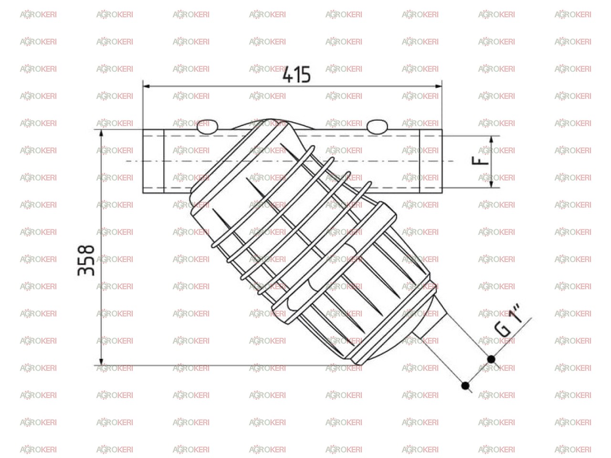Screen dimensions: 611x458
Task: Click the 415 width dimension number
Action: [x=296, y=74]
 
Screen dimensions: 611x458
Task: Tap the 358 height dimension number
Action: [x=86, y=260]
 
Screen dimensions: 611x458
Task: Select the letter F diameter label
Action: [x=480, y=160]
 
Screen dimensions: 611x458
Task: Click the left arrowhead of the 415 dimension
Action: [x=147, y=86]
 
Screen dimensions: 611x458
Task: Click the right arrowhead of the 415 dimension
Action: [x=438, y=86]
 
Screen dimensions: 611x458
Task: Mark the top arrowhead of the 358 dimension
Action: [x=101, y=133]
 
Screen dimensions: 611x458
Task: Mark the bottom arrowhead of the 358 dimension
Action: [x=101, y=361]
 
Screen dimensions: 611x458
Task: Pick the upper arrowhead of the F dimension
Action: [x=491, y=140]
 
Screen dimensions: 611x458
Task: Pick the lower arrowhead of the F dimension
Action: [x=491, y=184]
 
